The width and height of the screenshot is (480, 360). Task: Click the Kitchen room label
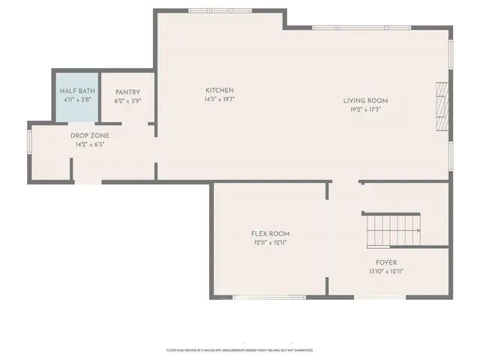(220, 90)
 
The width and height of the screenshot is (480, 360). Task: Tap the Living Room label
(365, 100)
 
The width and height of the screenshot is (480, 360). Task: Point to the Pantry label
(127, 92)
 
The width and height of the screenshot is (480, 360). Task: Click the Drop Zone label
(89, 136)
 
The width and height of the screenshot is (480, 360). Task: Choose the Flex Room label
(270, 234)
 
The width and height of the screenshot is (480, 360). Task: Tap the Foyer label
(386, 262)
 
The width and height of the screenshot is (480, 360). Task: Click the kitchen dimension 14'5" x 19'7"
(220, 99)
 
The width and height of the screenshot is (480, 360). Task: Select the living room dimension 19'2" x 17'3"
(365, 109)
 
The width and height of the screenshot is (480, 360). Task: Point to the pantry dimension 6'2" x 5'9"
(127, 100)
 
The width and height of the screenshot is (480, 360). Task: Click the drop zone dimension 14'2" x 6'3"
(89, 144)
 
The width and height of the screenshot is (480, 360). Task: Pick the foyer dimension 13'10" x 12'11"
(386, 271)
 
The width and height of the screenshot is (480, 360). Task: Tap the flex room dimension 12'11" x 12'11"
(270, 243)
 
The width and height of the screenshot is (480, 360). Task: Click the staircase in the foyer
(392, 230)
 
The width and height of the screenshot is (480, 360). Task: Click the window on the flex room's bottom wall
(259, 298)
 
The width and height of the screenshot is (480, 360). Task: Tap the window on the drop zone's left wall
(29, 143)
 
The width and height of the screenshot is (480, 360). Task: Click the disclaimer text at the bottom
(240, 350)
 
